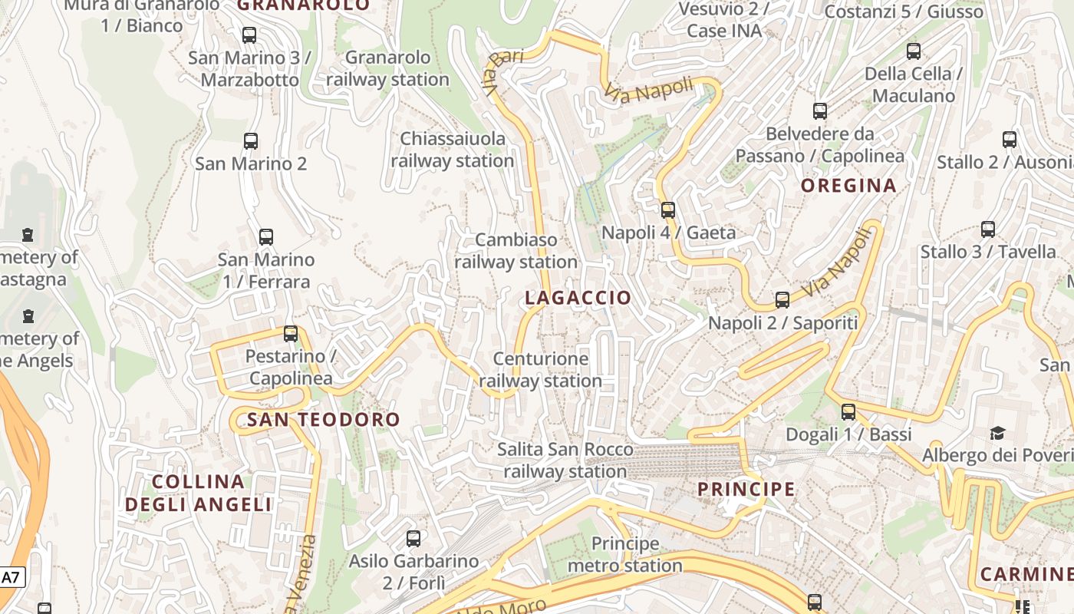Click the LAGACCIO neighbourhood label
pyautogui.click(x=578, y=298)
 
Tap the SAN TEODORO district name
pyautogui.click(x=323, y=419)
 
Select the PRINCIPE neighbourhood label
pyautogui.click(x=746, y=489)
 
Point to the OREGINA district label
pyautogui.click(x=848, y=185)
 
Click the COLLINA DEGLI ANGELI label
pyautogui.click(x=198, y=493)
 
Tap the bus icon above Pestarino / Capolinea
pyautogui.click(x=291, y=334)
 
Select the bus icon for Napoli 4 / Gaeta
pyautogui.click(x=668, y=210)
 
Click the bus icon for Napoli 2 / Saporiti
pyautogui.click(x=782, y=300)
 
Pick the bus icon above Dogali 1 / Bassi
pyautogui.click(x=848, y=412)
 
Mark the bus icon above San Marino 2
pyautogui.click(x=251, y=141)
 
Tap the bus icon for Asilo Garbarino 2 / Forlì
pyautogui.click(x=413, y=539)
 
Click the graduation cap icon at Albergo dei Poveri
pyautogui.click(x=997, y=434)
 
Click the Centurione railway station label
pyautogui.click(x=541, y=370)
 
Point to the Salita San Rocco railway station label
pyautogui.click(x=565, y=460)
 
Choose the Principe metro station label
pyautogui.click(x=625, y=555)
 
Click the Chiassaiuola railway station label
pyautogui.click(x=453, y=150)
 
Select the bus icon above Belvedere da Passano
pyautogui.click(x=820, y=111)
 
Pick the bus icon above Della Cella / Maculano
pyautogui.click(x=914, y=51)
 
